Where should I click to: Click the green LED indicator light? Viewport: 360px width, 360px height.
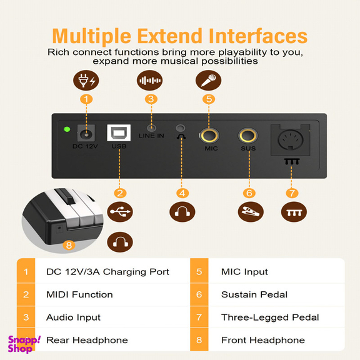pyautogui.click(x=67, y=129)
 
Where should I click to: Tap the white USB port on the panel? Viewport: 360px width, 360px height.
pyautogui.click(x=119, y=133)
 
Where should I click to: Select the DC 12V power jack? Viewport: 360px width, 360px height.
pyautogui.click(x=86, y=133)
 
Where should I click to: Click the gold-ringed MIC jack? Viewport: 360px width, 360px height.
pyautogui.click(x=209, y=135)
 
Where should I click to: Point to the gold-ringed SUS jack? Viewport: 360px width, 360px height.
pyautogui.click(x=248, y=135)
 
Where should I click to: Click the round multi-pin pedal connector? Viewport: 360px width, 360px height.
pyautogui.click(x=291, y=139)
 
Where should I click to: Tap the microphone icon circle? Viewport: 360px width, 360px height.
pyautogui.click(x=208, y=81)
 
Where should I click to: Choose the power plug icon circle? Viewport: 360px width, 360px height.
pyautogui.click(x=86, y=81)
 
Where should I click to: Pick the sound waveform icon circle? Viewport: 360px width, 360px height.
pyautogui.click(x=150, y=81)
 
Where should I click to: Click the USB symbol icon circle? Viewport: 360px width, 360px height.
pyautogui.click(x=120, y=212)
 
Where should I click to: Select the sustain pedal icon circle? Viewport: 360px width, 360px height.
pyautogui.click(x=251, y=212)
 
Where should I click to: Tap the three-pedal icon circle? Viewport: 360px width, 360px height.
pyautogui.click(x=294, y=212)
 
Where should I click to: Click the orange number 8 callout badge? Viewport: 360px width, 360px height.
pyautogui.click(x=69, y=245)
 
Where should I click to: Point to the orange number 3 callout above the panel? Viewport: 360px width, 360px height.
pyautogui.click(x=151, y=99)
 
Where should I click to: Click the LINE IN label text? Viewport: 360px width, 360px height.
pyautogui.click(x=151, y=136)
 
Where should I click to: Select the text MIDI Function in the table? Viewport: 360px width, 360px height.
pyautogui.click(x=79, y=294)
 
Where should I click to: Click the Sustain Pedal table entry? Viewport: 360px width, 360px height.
pyautogui.click(x=254, y=294)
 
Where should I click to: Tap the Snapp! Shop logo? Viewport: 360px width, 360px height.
pyautogui.click(x=24, y=344)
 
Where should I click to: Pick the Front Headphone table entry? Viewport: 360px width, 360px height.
pyautogui.click(x=263, y=340)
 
